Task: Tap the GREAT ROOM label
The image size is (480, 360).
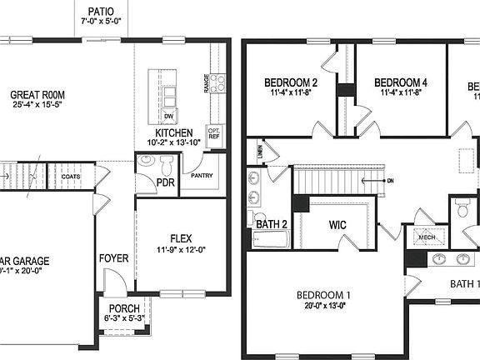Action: pos(37,95)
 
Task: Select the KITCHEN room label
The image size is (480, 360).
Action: pos(174,132)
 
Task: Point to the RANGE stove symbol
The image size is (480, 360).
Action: pos(217,82)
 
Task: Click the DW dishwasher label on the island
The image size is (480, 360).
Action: pos(168,116)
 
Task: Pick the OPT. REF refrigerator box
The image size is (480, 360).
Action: pos(214,133)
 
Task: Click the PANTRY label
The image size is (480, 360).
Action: pos(202,176)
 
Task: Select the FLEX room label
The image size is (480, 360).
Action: pos(181,238)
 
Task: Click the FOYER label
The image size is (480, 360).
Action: pos(114,258)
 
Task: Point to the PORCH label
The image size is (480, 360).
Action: pos(124,307)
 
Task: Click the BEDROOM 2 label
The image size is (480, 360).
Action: pos(291,82)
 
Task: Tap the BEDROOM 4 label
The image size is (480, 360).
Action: pos(401,82)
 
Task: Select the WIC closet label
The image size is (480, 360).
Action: pos(337,225)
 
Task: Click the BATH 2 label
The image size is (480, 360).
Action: pos(272,223)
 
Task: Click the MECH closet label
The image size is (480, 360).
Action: pos(427,237)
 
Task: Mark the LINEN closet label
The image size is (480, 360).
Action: pos(261,151)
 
